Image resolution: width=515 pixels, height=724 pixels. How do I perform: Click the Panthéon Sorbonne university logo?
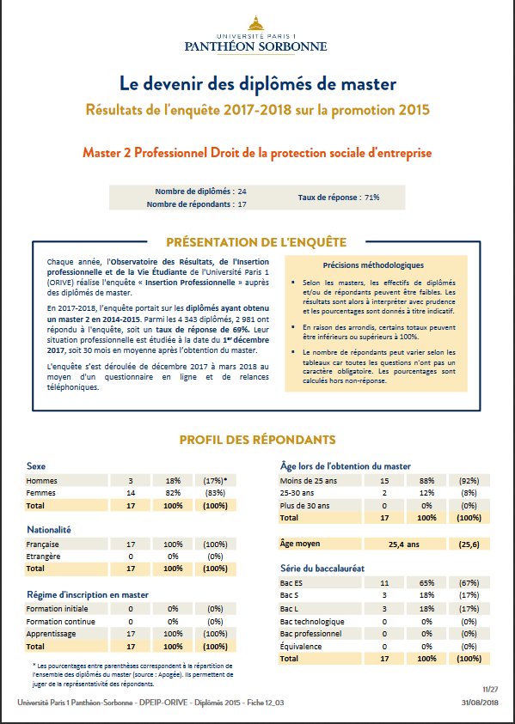[256, 34]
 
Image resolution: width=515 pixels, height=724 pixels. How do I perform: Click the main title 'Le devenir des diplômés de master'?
[257, 84]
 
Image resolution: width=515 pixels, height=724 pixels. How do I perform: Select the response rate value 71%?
[371, 198]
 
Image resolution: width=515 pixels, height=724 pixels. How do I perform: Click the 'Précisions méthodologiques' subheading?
[372, 265]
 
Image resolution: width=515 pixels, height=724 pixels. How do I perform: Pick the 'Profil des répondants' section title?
[256, 441]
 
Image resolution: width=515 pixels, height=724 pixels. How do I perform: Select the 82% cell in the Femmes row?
[174, 493]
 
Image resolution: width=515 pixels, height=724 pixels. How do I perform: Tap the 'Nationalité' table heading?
[50, 531]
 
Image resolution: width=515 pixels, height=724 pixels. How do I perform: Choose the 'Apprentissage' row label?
[53, 633]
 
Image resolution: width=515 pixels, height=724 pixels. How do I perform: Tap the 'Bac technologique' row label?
[313, 621]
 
